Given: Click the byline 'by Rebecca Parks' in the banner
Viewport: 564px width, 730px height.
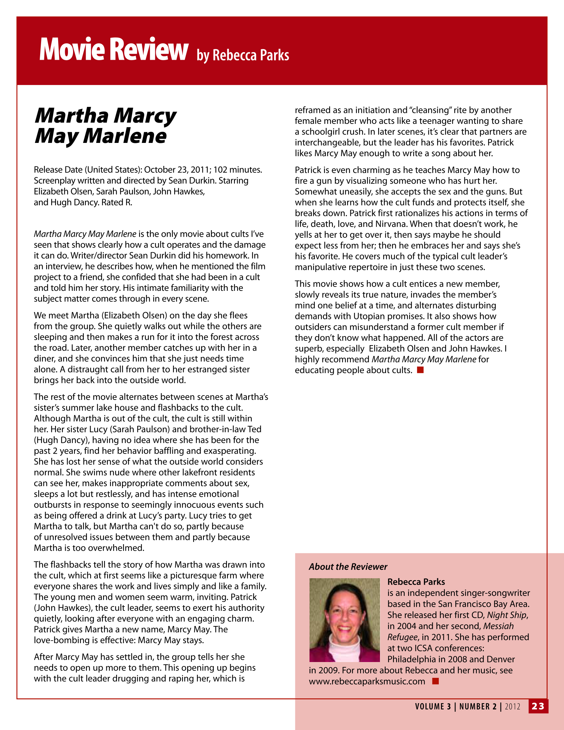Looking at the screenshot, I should [x=243, y=55].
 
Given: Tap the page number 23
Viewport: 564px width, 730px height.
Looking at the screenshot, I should [x=538, y=706].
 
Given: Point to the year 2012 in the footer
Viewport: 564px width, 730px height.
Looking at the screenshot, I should [x=512, y=706].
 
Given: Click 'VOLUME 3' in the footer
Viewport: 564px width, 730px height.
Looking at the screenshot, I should [x=433, y=706].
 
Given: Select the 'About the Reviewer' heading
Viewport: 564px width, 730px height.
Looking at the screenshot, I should [x=348, y=567].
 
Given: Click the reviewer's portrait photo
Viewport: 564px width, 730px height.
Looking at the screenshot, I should [x=344, y=620].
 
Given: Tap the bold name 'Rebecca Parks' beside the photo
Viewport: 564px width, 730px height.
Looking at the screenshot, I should [x=416, y=582].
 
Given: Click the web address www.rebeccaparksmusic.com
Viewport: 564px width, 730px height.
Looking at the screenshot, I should [x=367, y=681].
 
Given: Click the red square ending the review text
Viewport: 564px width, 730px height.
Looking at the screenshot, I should [x=420, y=370].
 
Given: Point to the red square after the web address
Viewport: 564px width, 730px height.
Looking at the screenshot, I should [x=435, y=681].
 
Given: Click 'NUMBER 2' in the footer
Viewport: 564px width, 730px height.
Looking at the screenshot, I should [x=478, y=706].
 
